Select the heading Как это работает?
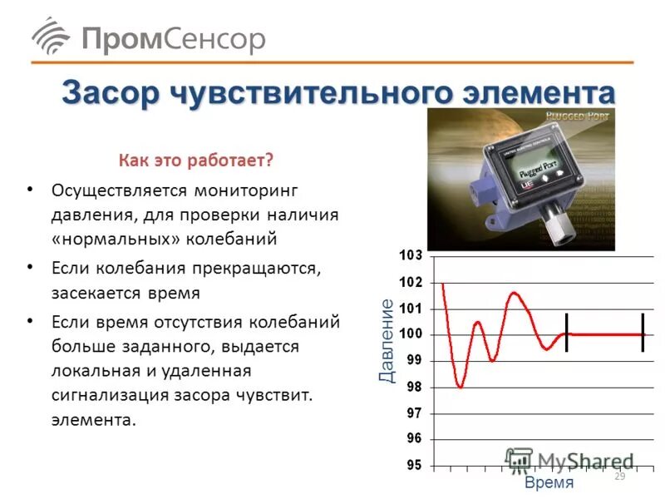point(195,158)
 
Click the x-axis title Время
point(549,482)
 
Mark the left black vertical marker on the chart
point(566,333)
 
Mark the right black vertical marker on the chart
point(643,333)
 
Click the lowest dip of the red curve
point(460,387)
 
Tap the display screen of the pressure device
point(525,170)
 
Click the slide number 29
point(619,477)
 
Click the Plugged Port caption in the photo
point(579,116)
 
